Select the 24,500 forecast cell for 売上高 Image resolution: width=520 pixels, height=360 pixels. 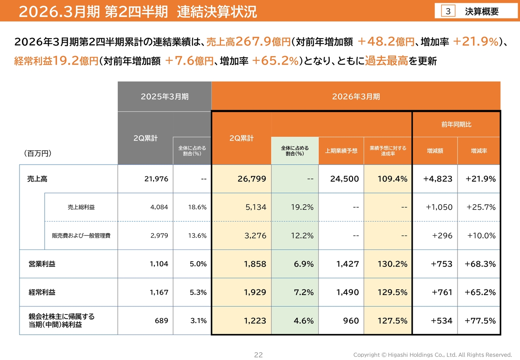click(344, 179)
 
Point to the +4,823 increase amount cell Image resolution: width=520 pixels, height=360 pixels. click(438, 179)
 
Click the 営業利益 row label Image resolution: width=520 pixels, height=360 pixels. click(42, 264)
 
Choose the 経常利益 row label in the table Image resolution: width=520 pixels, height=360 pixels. click(42, 293)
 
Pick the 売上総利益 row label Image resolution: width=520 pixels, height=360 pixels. click(81, 207)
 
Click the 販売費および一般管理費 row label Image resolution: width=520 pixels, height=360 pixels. click(81, 236)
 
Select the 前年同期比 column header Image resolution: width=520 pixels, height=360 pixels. click(456, 124)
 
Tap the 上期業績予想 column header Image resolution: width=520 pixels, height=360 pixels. click(341, 151)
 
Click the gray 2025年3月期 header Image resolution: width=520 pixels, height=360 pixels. click(165, 97)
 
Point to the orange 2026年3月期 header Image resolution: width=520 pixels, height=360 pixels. click(356, 97)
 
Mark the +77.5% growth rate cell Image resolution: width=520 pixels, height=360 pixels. click(480, 321)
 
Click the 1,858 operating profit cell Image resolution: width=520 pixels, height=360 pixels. click(255, 264)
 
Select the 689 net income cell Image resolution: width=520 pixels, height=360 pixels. click(161, 321)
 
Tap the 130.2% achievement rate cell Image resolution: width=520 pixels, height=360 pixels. click(392, 264)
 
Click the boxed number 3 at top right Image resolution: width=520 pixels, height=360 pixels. click(448, 11)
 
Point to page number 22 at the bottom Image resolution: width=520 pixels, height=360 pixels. click(258, 355)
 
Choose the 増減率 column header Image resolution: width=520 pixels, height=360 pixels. click(479, 151)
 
